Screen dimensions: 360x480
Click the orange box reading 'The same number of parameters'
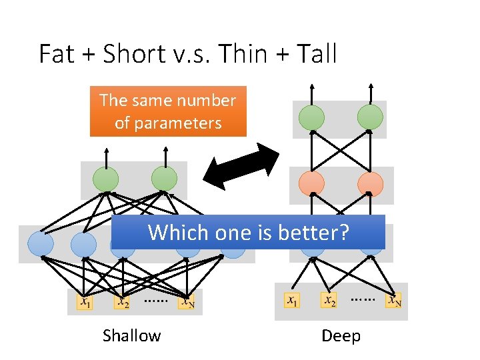pos(167,111)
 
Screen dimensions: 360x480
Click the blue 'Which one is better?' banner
pos(248,233)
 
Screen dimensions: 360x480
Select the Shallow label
pos(131,335)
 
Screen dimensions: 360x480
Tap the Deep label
pos(341,335)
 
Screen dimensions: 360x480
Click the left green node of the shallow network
pos(105,179)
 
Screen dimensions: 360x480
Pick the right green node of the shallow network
pos(164,179)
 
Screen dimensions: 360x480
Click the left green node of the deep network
pos(311,117)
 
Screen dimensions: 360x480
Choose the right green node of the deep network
pos(370,117)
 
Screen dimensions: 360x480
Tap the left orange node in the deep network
pos(311,183)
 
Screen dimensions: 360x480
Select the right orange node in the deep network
pos(370,183)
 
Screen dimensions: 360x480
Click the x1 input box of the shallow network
pos(84,302)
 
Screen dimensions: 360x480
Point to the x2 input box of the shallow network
pos(121,302)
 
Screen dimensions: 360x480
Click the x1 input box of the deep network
pos(291,300)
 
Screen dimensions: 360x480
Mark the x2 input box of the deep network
pos(329,300)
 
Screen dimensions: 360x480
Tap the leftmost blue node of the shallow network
pos(40,244)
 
